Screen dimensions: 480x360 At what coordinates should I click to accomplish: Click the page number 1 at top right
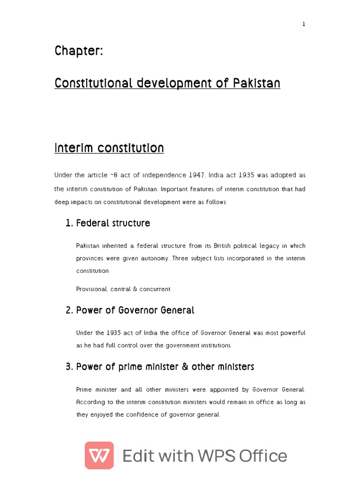coord(304,24)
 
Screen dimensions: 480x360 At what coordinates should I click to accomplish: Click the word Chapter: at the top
coord(78,51)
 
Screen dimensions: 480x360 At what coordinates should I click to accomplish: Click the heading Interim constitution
coord(109,149)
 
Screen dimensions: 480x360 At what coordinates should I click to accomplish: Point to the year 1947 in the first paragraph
coord(197,175)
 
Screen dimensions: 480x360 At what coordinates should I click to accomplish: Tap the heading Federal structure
coord(113,223)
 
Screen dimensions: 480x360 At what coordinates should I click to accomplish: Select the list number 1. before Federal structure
coord(69,223)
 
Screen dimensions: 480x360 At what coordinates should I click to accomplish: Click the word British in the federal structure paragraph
coord(222,246)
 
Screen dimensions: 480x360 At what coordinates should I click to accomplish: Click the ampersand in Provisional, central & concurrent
coord(135,289)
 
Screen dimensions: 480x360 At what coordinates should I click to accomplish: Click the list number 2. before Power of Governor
coord(69,310)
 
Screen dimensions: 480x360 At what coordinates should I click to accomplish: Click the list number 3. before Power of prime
coord(69,367)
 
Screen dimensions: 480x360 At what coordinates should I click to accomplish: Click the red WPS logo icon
coord(99,455)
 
